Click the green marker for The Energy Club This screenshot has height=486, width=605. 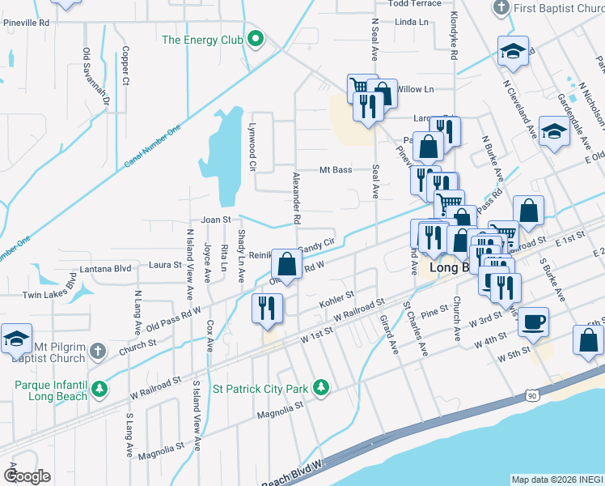click(x=256, y=39)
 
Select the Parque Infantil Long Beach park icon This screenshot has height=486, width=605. click(x=99, y=390)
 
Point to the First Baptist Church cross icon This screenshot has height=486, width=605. click(x=501, y=8)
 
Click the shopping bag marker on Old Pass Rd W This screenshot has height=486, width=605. click(x=286, y=263)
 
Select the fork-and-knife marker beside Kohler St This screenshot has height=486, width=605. click(x=266, y=308)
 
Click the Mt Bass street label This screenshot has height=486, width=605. click(x=336, y=170)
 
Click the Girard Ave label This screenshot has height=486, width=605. click(x=389, y=335)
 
